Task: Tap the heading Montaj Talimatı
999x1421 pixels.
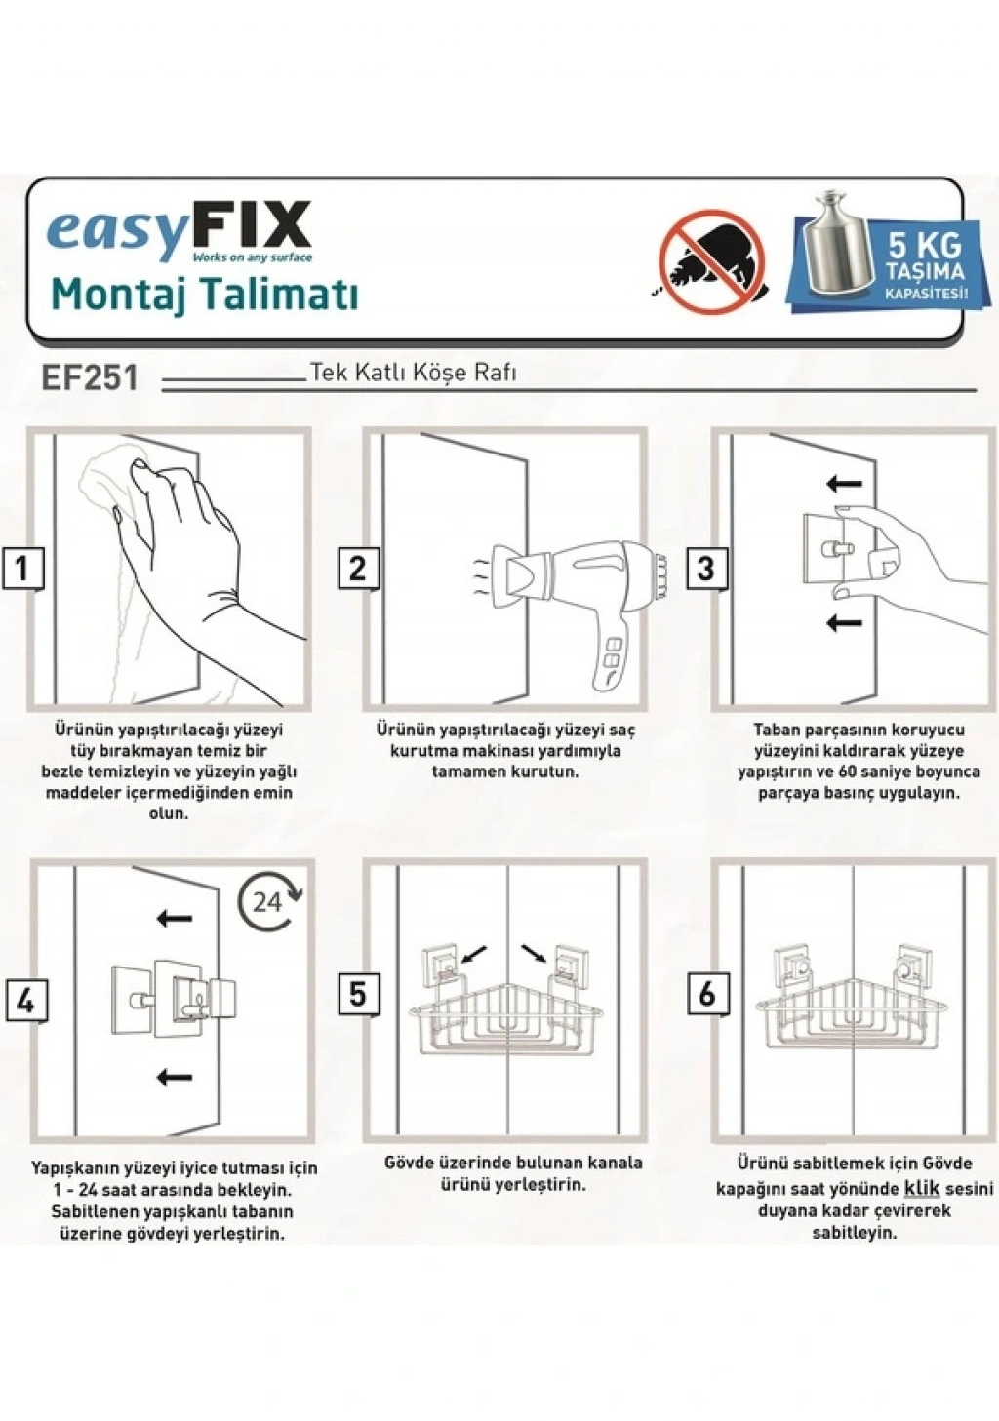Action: [204, 295]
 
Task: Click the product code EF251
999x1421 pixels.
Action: [90, 378]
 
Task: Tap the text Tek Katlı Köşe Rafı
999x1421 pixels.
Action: [413, 373]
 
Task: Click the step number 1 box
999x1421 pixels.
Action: [22, 569]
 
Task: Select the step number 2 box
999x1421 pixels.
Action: [357, 569]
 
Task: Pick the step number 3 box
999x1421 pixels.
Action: [705, 569]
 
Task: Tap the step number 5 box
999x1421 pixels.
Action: [359, 994]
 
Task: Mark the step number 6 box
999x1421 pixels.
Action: [707, 994]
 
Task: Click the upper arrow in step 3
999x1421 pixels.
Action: [845, 484]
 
